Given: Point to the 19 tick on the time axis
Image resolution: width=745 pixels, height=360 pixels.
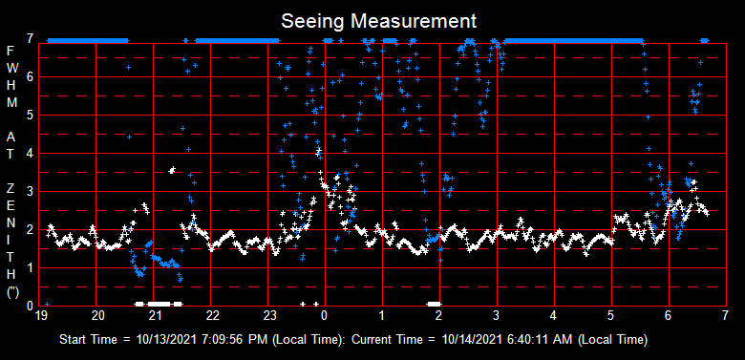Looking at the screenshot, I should (41, 314).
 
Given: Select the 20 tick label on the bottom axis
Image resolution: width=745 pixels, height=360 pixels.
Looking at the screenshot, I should (97, 314).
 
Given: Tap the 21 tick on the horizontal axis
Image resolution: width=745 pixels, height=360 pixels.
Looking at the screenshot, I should (155, 314).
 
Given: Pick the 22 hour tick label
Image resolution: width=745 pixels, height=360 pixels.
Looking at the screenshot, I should (212, 314).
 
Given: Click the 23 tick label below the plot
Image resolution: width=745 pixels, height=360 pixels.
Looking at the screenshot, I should (269, 314).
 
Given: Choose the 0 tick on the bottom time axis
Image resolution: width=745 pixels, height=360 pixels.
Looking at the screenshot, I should (325, 314).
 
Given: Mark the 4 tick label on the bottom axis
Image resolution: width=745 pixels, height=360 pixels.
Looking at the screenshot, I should (554, 314).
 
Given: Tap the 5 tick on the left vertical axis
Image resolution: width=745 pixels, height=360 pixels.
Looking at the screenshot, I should (31, 115).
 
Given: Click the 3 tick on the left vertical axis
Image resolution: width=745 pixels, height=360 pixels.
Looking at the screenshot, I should (31, 191).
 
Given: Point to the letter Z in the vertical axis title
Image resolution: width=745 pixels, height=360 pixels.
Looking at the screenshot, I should (11, 187).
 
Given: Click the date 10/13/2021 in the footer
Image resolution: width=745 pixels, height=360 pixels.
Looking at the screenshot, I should (169, 339).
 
